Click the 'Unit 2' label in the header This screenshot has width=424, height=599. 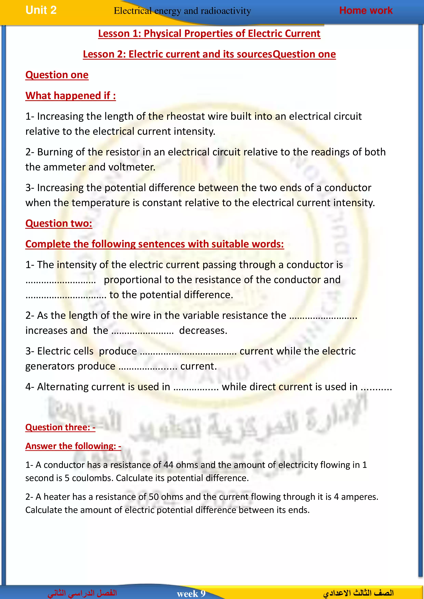[x=41, y=10]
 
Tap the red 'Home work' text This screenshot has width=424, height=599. [x=366, y=10]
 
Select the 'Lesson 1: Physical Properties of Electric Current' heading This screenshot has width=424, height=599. [x=209, y=34]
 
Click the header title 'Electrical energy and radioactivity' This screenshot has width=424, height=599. [x=182, y=11]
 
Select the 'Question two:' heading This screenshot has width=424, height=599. [x=59, y=224]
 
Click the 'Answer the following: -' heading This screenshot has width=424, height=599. [x=73, y=446]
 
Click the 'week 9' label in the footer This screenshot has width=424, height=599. [x=191, y=594]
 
